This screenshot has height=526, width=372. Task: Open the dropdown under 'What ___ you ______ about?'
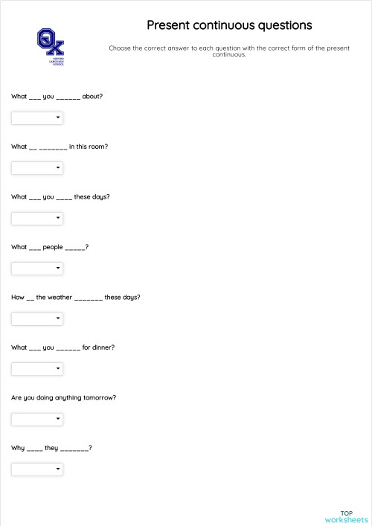(37, 118)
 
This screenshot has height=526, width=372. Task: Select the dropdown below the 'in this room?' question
(37, 168)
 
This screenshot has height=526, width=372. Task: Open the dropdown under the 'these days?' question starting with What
(37, 218)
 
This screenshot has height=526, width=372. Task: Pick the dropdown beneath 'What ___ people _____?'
(37, 269)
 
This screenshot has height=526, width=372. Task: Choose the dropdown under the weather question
(37, 318)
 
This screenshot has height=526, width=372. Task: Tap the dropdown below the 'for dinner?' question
(37, 369)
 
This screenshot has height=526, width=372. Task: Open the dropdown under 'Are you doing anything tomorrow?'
(37, 419)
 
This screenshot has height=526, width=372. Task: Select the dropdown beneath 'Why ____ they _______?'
(37, 469)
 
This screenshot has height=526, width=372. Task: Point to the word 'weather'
(60, 298)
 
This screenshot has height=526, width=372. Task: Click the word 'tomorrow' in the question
(100, 398)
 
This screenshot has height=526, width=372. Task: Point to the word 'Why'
(18, 448)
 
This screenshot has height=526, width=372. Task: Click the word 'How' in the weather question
(17, 298)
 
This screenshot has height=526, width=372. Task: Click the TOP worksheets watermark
(346, 516)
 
